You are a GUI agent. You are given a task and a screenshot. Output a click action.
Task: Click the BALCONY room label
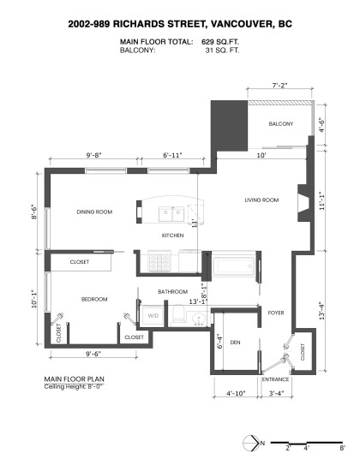[x=280, y=124]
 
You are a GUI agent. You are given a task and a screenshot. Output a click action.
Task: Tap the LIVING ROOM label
[x=262, y=200]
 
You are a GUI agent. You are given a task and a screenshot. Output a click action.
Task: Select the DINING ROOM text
[x=95, y=212]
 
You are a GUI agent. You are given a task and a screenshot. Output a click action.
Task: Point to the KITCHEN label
[x=174, y=235]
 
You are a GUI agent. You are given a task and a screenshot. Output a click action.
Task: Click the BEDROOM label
[x=94, y=299]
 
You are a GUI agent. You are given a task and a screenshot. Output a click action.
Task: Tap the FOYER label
[x=275, y=313]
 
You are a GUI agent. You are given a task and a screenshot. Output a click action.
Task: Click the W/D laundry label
[x=153, y=316]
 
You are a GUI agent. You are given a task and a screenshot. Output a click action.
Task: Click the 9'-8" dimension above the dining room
[x=94, y=155]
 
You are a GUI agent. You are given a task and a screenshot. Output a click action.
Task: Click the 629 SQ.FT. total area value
[x=222, y=41]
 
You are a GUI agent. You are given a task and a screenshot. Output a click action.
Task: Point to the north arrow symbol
[x=252, y=442]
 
